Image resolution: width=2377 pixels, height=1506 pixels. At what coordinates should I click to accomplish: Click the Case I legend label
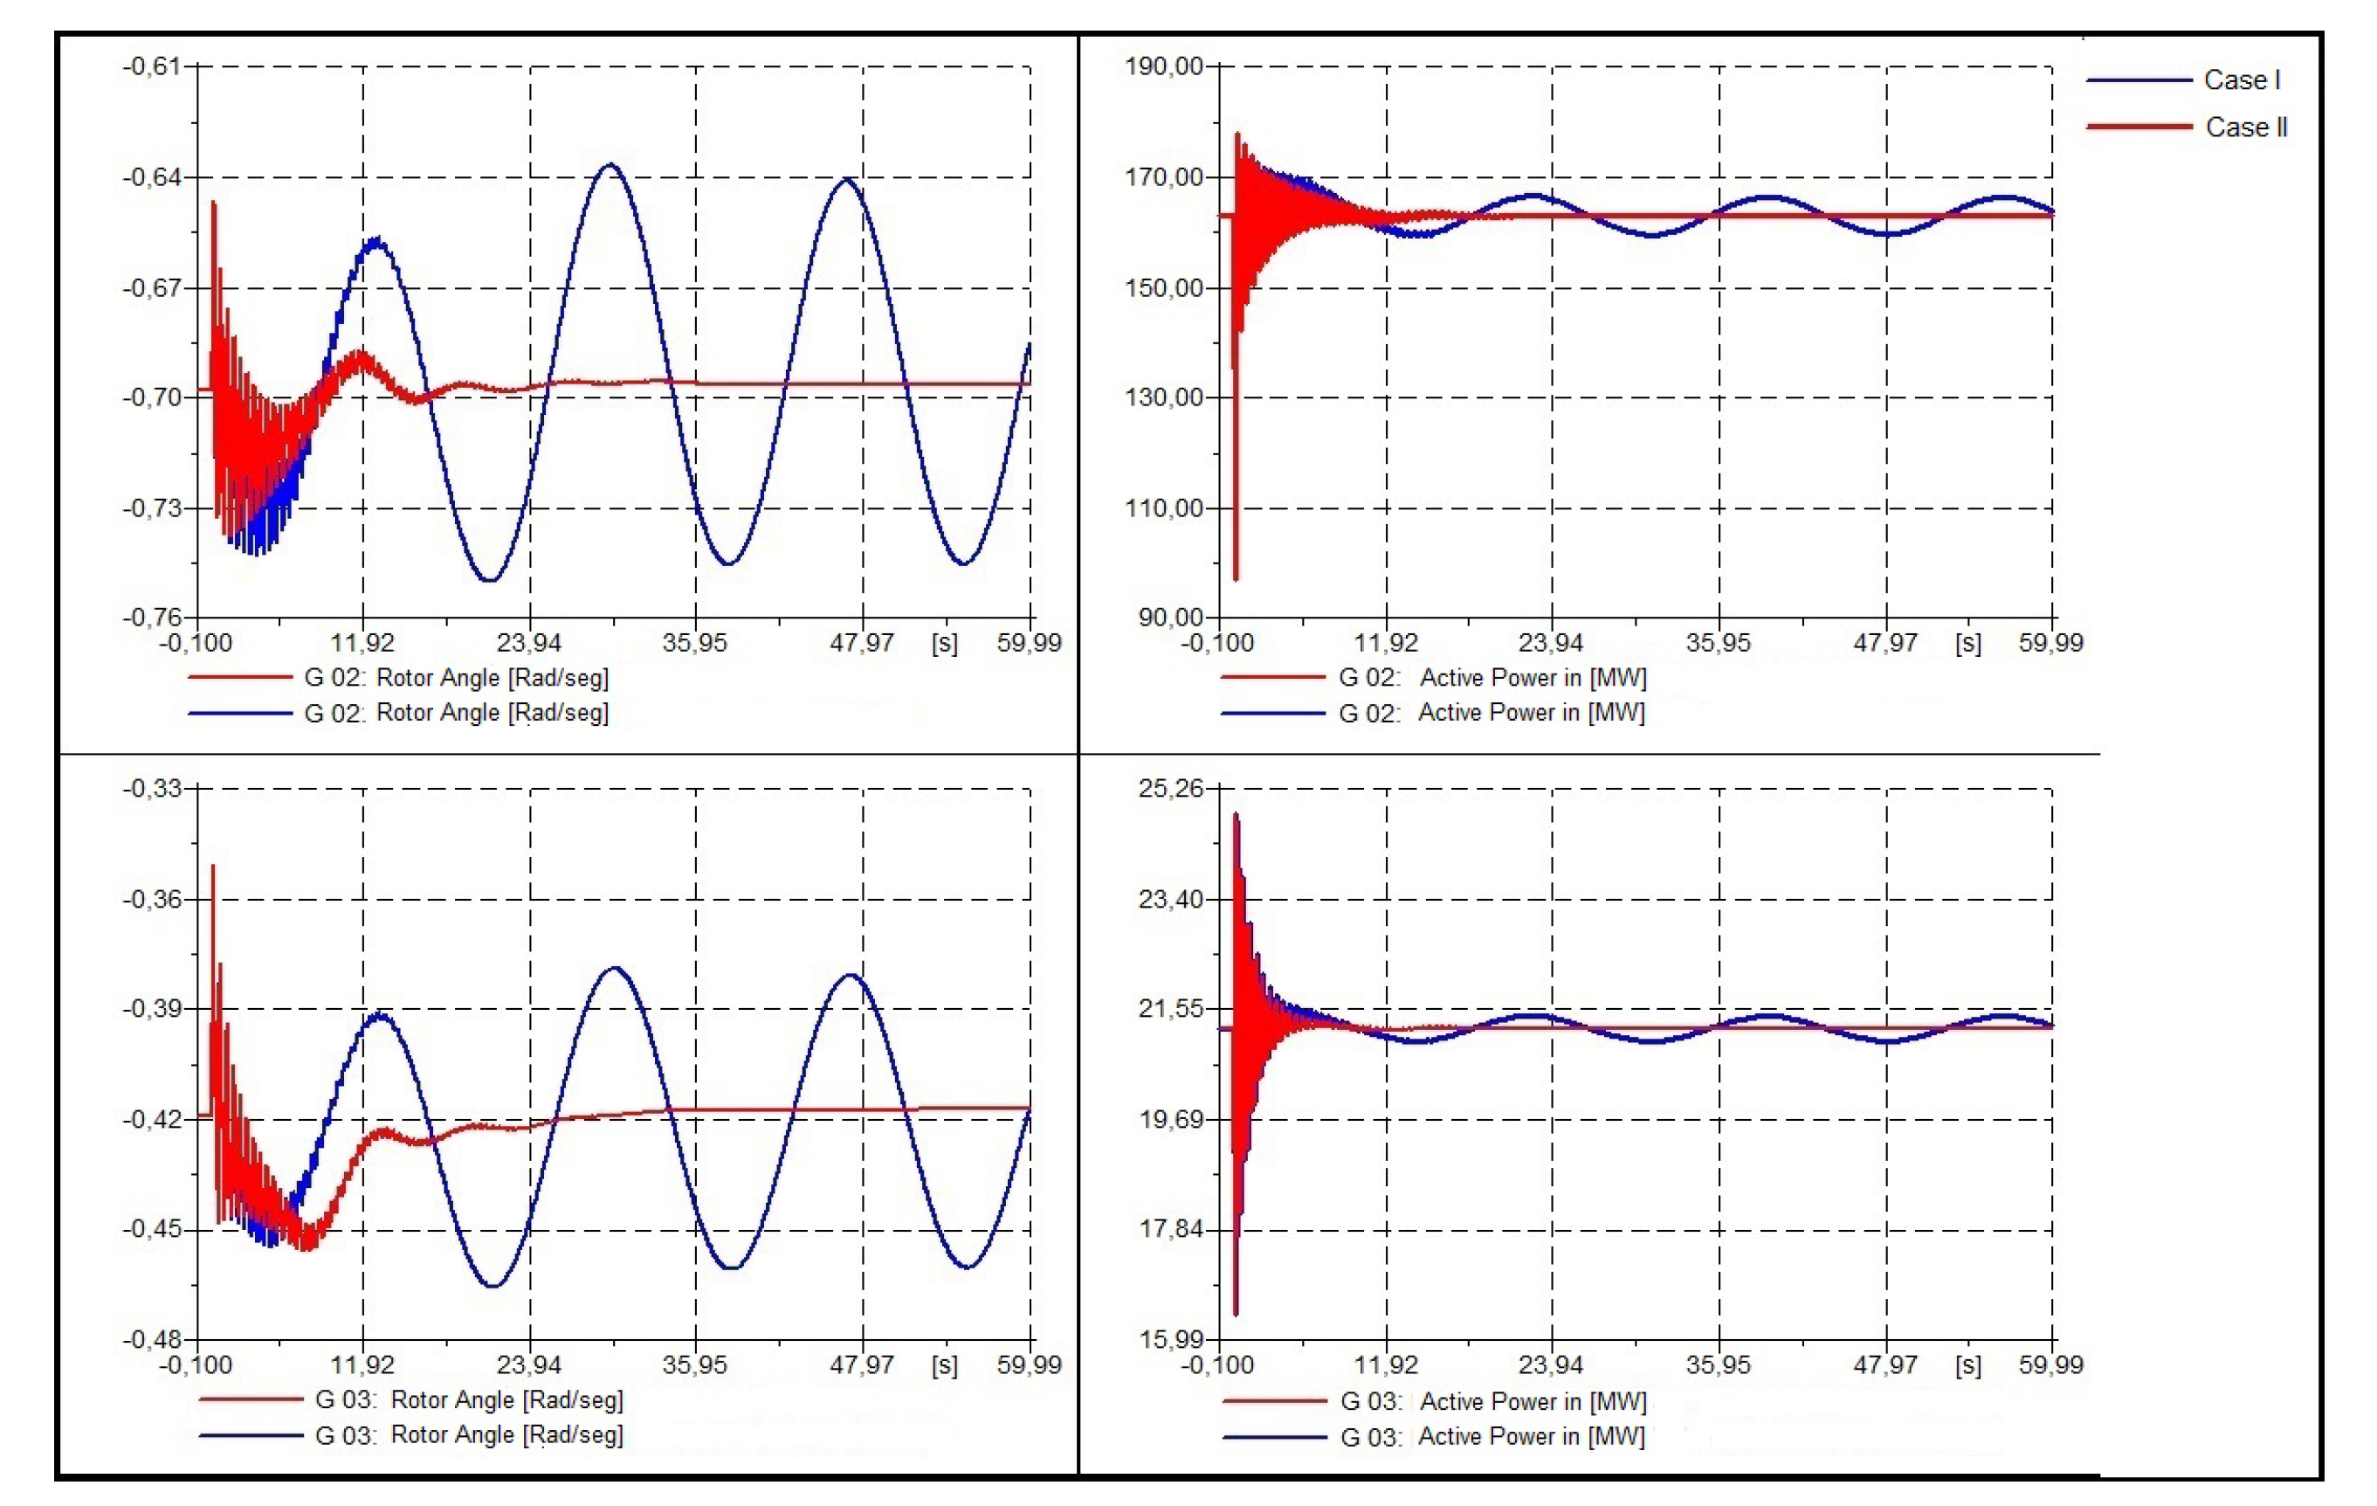pos(2241,80)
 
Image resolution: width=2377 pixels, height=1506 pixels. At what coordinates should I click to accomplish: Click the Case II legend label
pos(2246,128)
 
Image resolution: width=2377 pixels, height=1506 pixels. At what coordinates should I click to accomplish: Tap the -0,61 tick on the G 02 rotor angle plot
pos(152,66)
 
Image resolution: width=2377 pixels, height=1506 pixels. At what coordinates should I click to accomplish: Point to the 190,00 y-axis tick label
pos(1164,66)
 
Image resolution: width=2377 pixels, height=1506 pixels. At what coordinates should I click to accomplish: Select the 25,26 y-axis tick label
pos(1171,788)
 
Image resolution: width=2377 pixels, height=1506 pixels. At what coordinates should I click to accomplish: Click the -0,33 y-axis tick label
pos(152,788)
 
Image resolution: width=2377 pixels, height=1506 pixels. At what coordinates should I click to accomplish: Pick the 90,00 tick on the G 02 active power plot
pos(1171,618)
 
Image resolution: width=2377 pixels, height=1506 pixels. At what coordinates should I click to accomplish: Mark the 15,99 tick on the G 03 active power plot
pos(1171,1339)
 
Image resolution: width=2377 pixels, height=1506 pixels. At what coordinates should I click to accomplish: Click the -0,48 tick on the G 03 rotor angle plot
pos(152,1339)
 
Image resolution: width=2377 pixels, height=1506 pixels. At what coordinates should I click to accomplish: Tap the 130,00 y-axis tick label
pos(1164,397)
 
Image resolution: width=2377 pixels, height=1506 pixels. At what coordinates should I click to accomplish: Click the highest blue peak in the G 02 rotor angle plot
pos(611,165)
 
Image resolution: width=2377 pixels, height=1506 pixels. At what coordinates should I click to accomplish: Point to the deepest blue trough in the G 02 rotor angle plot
pos(490,580)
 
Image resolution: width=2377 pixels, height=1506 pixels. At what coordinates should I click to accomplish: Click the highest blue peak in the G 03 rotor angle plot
pos(614,968)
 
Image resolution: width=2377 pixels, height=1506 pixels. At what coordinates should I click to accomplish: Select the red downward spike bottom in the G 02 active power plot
pos(1236,577)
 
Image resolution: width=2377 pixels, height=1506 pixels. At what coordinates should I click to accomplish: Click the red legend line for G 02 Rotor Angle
pos(240,678)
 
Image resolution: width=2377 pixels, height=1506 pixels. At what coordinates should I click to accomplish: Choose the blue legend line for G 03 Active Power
pos(1273,1436)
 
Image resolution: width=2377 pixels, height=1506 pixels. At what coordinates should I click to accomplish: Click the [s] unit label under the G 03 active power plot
pos(1967,1364)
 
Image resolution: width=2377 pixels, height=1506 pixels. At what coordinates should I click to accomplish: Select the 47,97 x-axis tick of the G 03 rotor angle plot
pos(862,1364)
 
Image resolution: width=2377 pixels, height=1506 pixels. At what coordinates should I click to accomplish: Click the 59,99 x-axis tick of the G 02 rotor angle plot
pos(1029,643)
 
